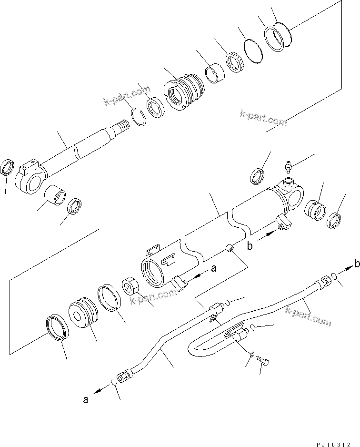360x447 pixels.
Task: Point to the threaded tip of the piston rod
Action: (122, 127)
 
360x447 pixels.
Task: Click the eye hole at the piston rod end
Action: (31, 182)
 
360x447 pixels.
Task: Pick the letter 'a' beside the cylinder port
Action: (213, 268)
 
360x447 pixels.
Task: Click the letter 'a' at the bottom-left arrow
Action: (86, 400)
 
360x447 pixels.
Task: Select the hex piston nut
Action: (130, 288)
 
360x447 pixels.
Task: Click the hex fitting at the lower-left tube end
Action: (125, 376)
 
